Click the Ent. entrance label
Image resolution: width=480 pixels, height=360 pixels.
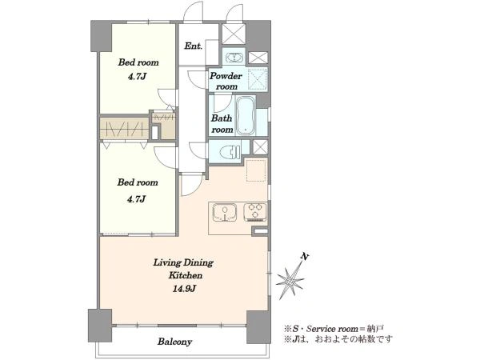click(x=193, y=46)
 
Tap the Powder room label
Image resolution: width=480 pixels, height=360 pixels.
click(x=226, y=81)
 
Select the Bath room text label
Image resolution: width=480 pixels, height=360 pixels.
click(x=222, y=124)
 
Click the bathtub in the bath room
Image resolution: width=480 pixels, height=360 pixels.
click(x=246, y=115)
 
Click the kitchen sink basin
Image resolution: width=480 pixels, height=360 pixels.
click(x=225, y=212)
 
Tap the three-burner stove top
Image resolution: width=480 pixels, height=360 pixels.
click(x=254, y=212)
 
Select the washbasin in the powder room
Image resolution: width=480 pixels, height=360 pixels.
click(x=234, y=58)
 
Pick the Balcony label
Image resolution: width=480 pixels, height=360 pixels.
click(x=174, y=342)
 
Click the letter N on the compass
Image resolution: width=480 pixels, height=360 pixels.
click(x=304, y=256)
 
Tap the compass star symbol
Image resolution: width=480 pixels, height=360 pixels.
click(x=290, y=280)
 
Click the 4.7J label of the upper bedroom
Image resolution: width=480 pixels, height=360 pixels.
click(x=137, y=76)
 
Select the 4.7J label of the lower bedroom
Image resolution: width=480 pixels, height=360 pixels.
click(x=136, y=199)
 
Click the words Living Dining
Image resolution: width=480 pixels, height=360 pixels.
click(x=183, y=263)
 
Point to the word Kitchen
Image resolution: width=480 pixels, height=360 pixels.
click(x=186, y=275)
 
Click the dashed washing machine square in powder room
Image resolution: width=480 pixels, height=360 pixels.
click(x=257, y=78)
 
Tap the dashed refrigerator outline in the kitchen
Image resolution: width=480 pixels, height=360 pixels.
click(x=256, y=170)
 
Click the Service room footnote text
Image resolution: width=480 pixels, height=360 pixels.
click(x=334, y=329)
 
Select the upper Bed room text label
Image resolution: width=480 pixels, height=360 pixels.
click(x=138, y=62)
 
